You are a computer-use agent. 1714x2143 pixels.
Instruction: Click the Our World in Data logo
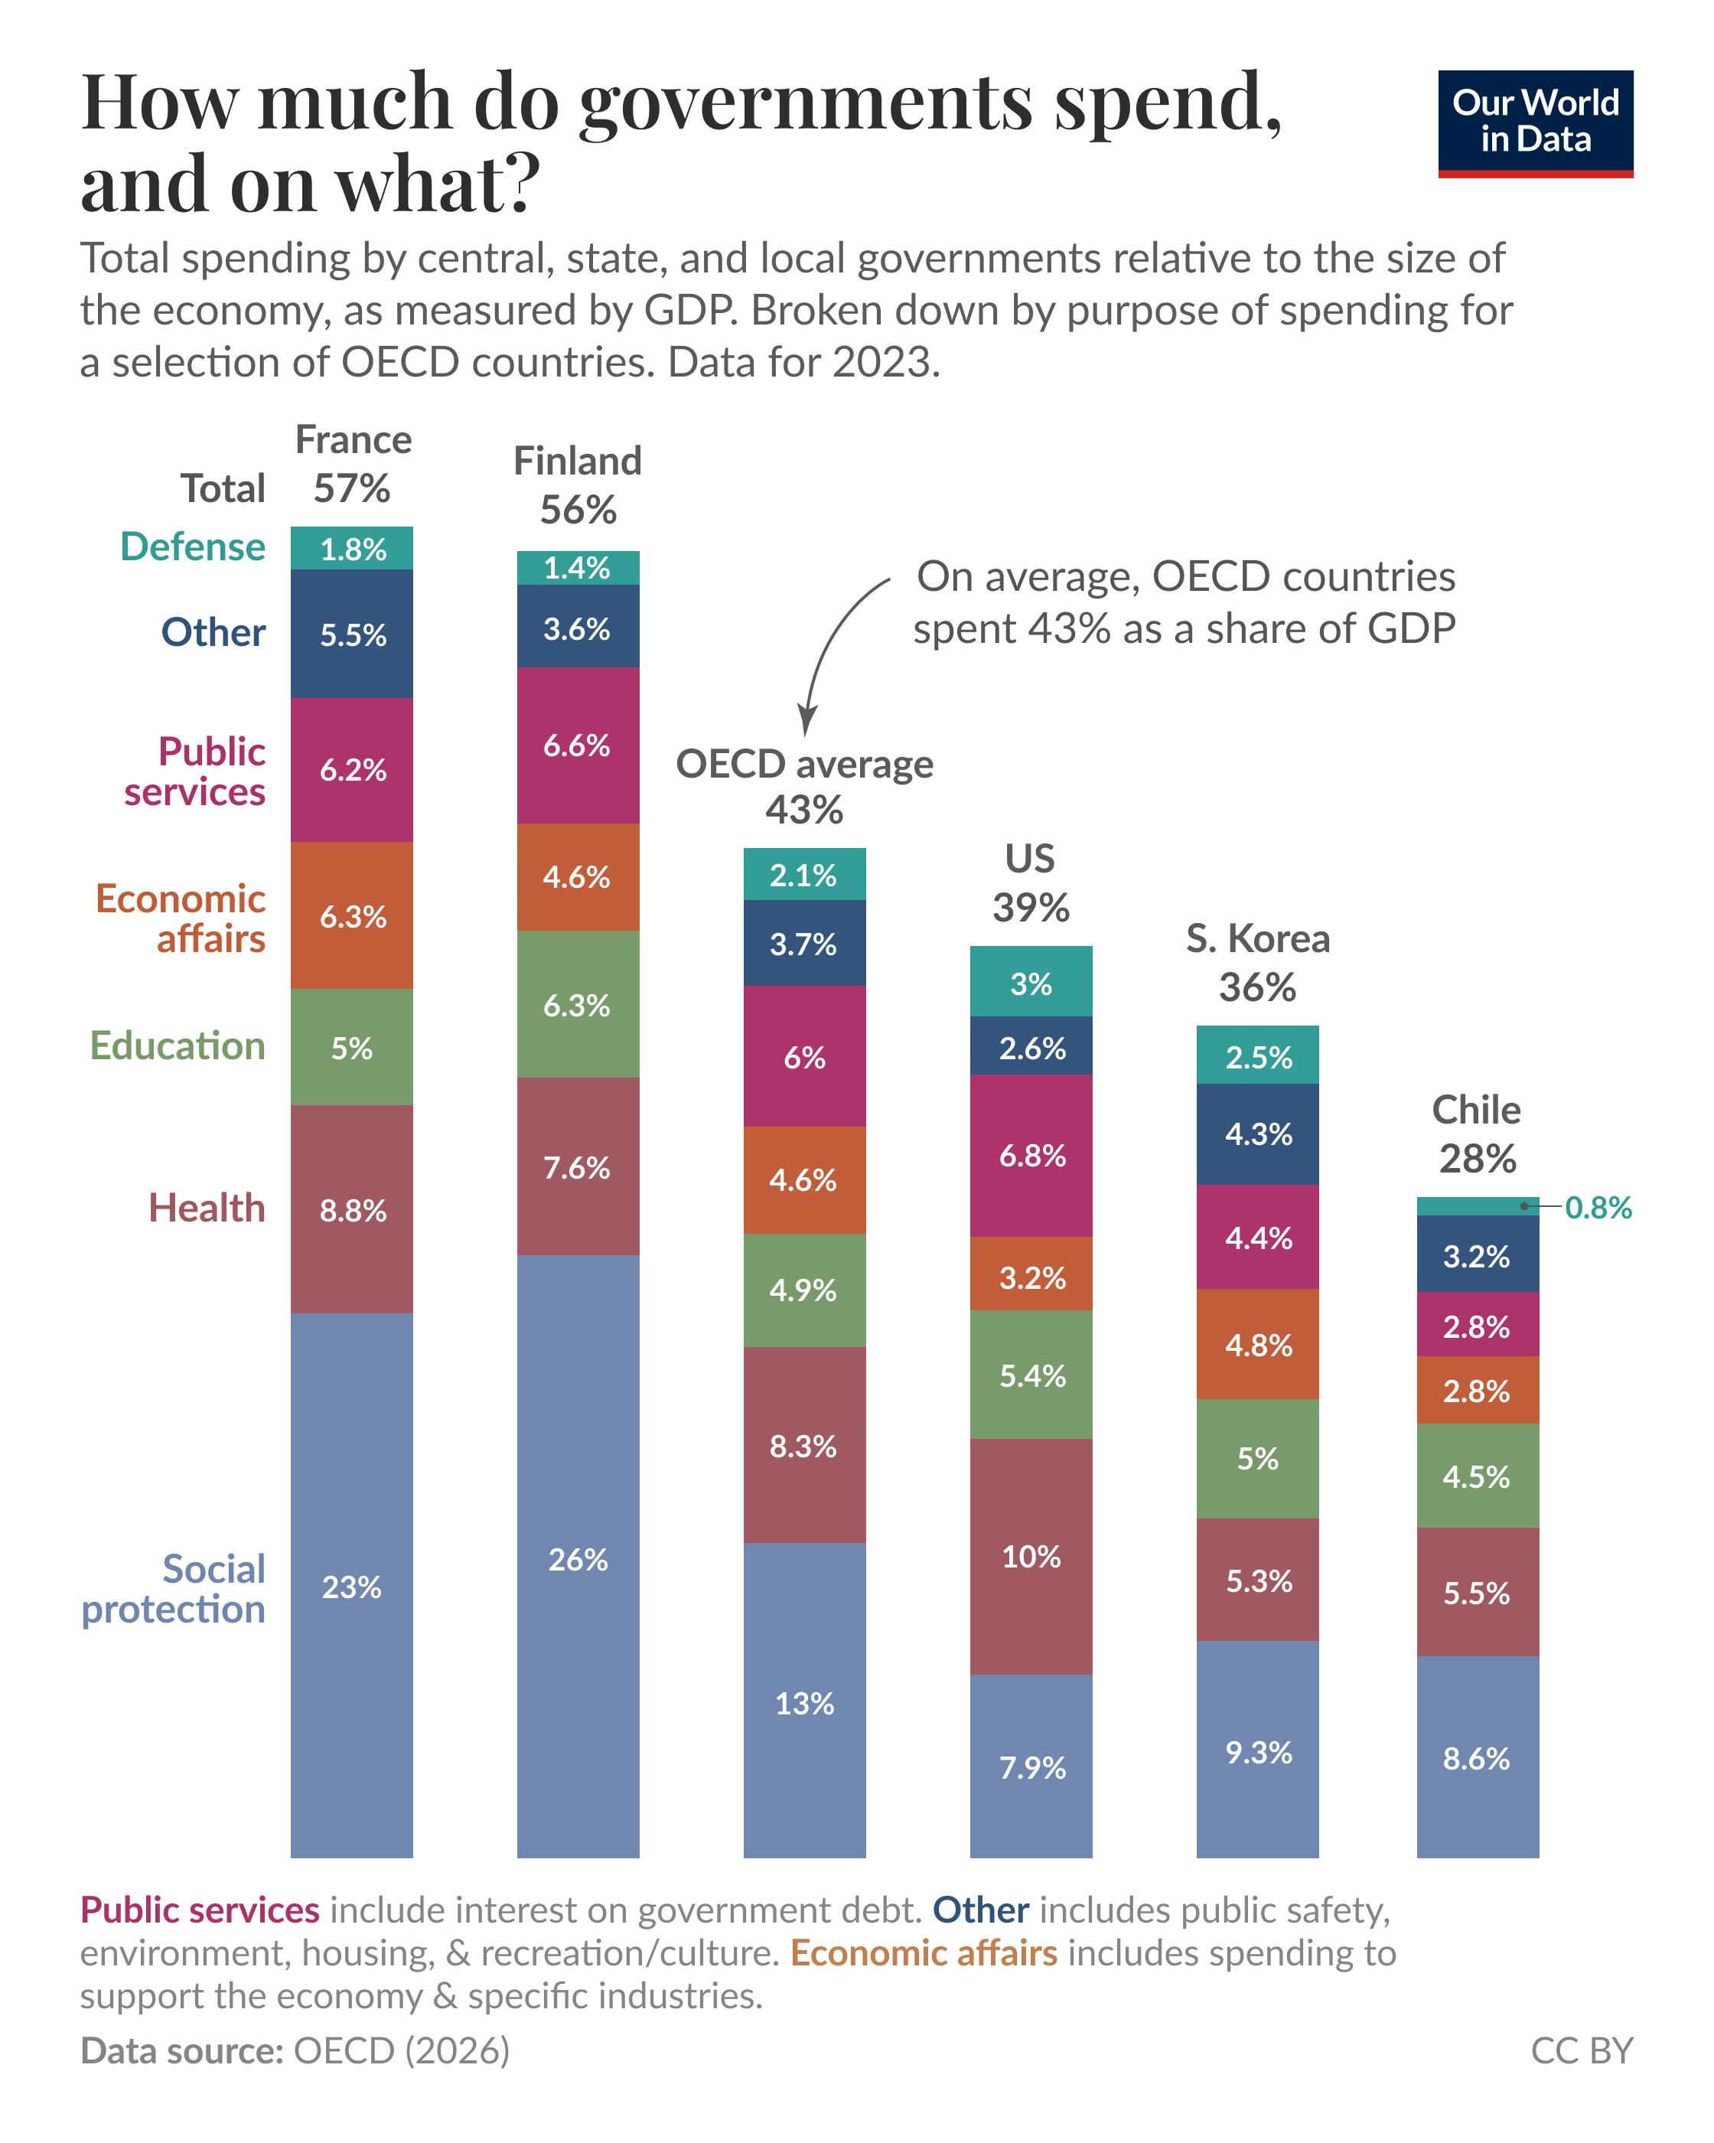point(1534,123)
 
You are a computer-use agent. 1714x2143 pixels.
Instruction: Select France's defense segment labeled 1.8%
point(352,549)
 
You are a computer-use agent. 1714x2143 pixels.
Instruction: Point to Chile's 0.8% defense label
point(1597,1207)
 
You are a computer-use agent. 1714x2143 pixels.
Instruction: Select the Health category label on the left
point(207,1208)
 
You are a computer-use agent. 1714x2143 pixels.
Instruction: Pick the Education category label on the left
point(178,1045)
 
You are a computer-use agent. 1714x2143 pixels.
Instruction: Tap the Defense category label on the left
point(193,546)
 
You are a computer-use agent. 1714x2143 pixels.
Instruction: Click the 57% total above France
point(352,488)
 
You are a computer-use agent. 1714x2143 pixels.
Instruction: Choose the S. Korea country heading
point(1257,938)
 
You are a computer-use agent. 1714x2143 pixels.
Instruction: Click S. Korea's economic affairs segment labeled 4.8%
point(1257,1345)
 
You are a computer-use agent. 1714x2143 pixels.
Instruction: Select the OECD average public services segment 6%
point(804,1057)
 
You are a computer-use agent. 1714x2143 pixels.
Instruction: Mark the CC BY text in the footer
point(1581,2050)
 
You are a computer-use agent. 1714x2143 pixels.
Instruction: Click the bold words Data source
point(182,2050)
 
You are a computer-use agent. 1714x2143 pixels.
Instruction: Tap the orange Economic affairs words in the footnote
point(923,1953)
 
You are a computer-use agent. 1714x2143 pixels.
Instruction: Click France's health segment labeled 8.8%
point(352,1210)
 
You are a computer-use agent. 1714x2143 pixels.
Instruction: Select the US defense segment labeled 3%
point(1031,982)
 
